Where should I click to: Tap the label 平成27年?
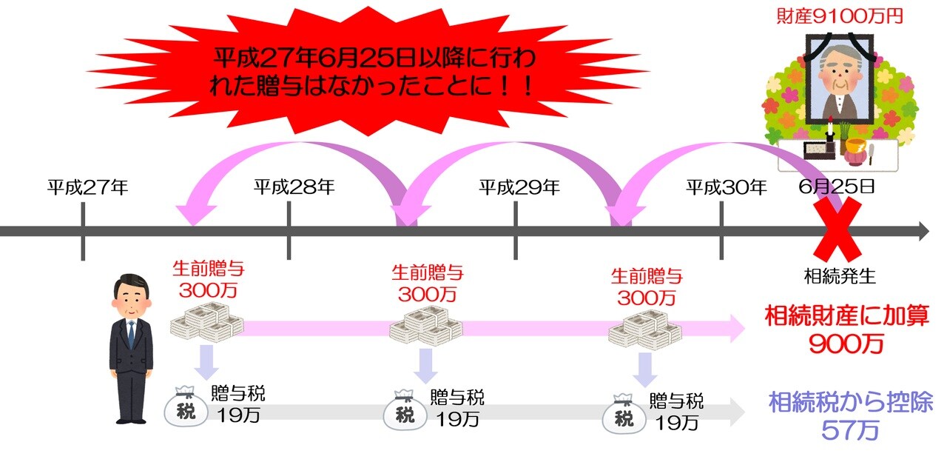click(88, 187)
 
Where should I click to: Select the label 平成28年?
click(294, 187)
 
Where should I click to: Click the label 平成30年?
click(726, 187)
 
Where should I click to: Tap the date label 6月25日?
click(837, 187)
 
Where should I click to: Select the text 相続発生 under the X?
click(840, 277)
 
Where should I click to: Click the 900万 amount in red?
click(846, 344)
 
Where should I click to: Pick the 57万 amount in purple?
click(849, 430)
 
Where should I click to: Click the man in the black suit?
click(131, 348)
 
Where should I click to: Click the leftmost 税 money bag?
click(186, 407)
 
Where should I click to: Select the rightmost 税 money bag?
click(624, 415)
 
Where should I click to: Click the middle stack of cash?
click(425, 325)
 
